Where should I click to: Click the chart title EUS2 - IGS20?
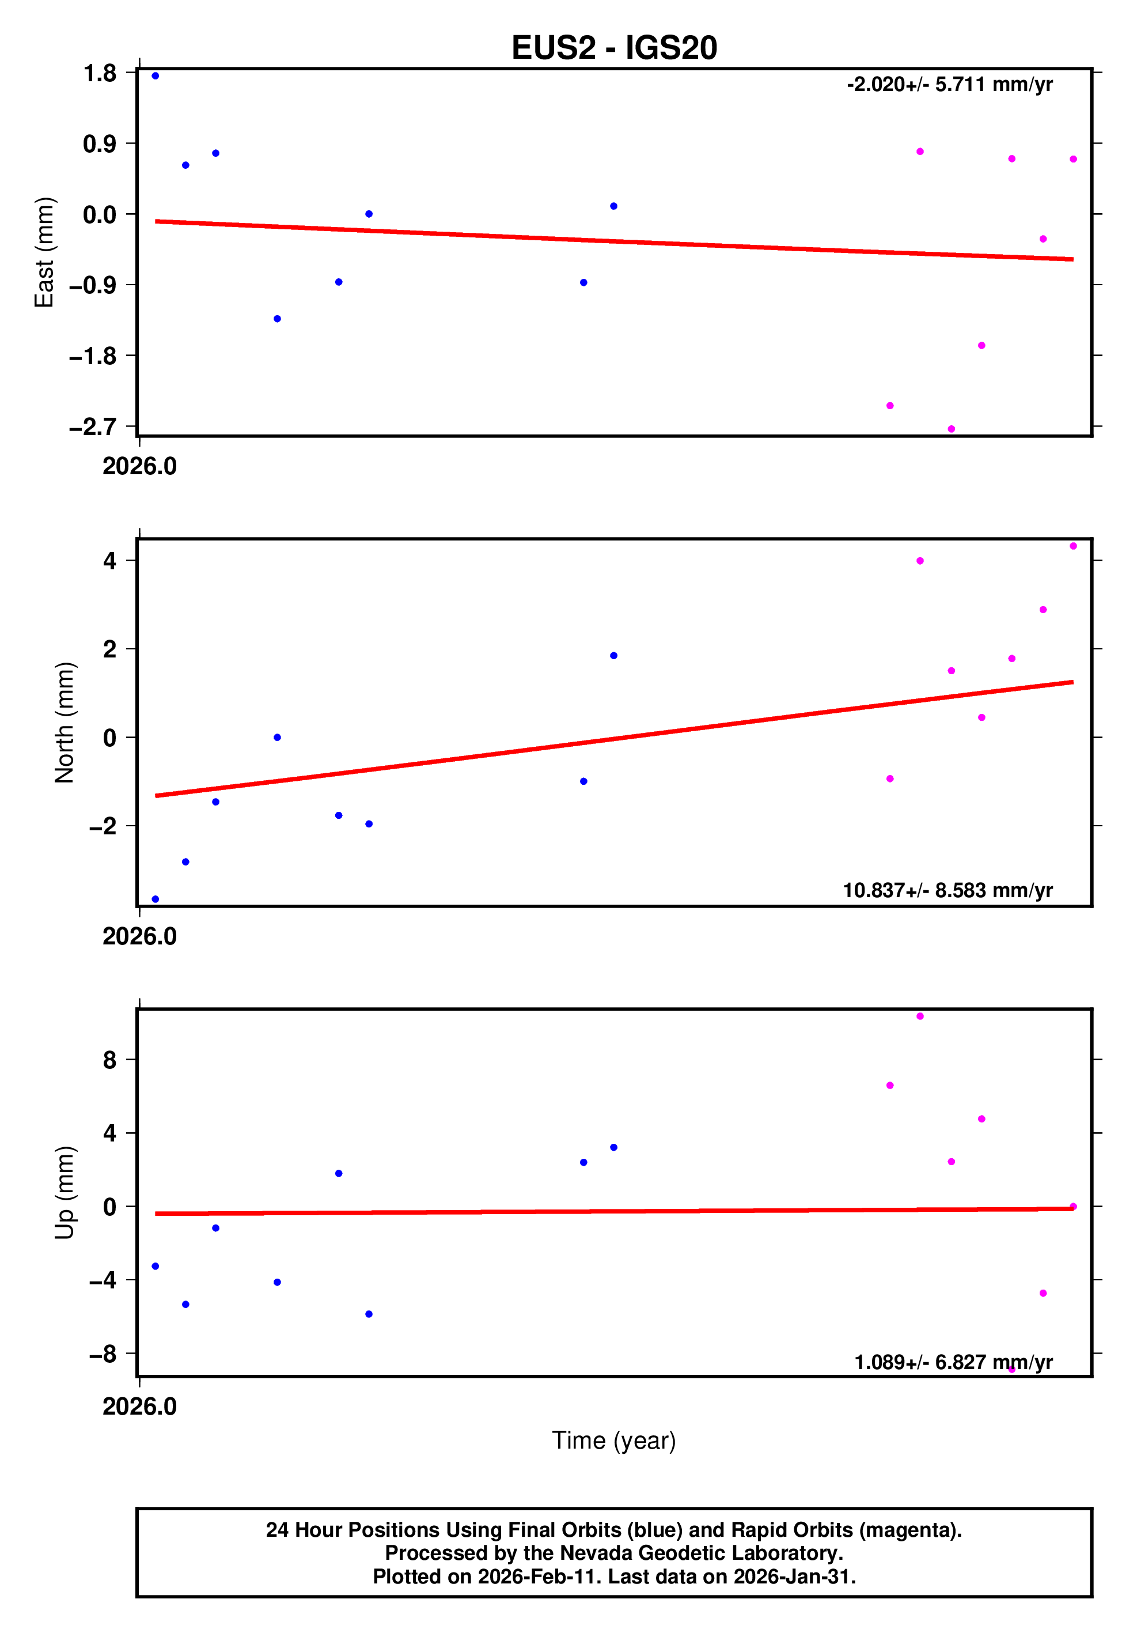613,48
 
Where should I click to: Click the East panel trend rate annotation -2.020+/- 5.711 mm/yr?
949,85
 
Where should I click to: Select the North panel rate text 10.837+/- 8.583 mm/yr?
947,890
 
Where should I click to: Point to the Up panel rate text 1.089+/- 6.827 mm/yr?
953,1362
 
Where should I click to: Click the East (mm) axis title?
45,252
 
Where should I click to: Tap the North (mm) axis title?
65,723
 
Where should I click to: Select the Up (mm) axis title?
65,1193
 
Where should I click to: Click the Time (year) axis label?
613,1440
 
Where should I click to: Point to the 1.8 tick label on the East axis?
100,73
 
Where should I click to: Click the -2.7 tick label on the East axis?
92,427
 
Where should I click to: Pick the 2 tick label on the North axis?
109,649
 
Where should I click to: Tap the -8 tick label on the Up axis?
103,1354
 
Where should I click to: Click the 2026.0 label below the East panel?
139,467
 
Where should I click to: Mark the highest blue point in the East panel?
156,76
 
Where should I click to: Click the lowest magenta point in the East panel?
952,429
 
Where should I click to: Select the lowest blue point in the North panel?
156,899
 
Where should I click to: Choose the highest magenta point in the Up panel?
920,1016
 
